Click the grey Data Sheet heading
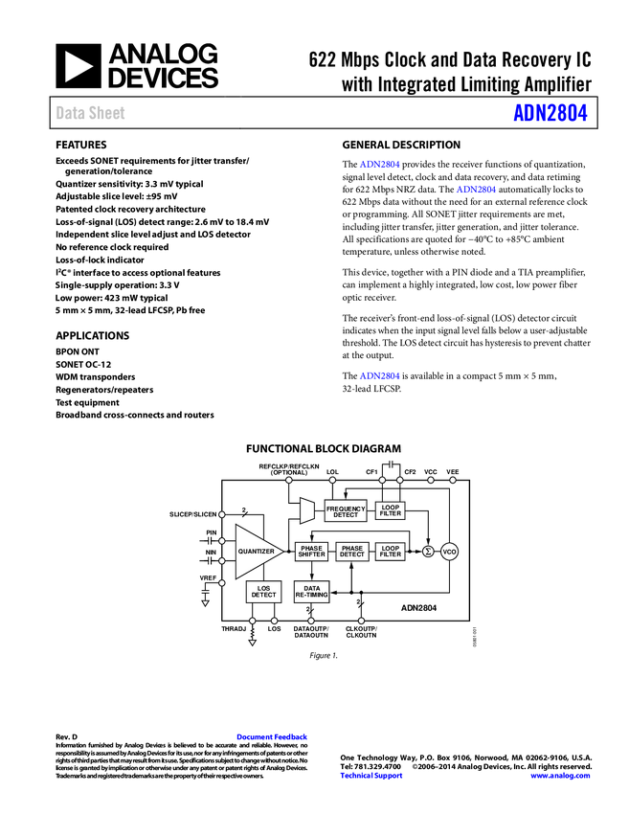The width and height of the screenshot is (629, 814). pos(91,113)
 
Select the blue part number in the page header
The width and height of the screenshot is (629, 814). pos(550,113)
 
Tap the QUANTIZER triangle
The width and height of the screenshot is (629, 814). pos(254,552)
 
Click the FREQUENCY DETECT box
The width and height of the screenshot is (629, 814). pos(346,511)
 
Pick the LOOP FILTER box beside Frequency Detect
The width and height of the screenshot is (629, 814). pos(390,511)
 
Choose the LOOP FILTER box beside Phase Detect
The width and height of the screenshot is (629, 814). pos(390,552)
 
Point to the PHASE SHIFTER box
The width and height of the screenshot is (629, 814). pos(311,552)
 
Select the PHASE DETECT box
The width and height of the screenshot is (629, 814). pos(351,552)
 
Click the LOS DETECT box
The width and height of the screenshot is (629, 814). pos(263,592)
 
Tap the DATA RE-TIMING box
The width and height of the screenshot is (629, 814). pos(311,592)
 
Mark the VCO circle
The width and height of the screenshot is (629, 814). pos(450,552)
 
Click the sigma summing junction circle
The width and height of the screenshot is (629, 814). pos(428,552)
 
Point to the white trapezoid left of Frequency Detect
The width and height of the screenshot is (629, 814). pos(307,510)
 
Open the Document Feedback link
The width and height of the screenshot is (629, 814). pos(273,737)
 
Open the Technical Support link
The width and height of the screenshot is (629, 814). pos(371,776)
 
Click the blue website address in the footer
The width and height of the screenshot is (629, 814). pos(560,776)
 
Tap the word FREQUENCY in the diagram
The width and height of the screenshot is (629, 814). pos(346,509)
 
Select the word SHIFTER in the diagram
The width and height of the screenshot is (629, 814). pos(311,555)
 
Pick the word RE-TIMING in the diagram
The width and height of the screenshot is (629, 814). pos(311,596)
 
